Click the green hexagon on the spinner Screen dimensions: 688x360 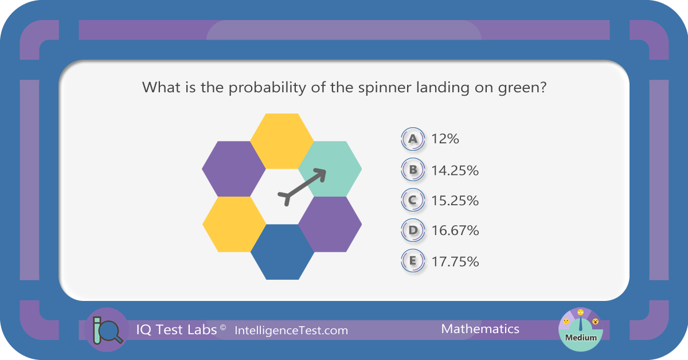coord(330,169)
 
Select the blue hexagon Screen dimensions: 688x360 coord(282,252)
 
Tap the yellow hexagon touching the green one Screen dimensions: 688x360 coord(282,141)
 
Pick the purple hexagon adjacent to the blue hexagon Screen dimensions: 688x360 coord(330,224)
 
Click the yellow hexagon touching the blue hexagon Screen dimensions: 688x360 coord(234,224)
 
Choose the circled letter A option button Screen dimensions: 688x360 coord(413,139)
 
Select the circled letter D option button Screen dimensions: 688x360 coord(413,230)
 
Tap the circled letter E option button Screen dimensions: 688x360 coord(413,261)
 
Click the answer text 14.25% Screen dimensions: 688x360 coord(455,170)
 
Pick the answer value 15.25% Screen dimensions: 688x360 coord(455,201)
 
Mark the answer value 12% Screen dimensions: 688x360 coord(445,139)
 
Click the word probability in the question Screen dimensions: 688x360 coord(267,88)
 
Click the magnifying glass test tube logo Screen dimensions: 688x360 coord(107,330)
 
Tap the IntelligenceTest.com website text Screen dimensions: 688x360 coord(291,331)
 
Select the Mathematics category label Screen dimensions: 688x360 coord(480,329)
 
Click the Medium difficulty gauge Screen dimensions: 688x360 coord(580,330)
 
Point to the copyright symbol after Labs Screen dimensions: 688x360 coord(223,327)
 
